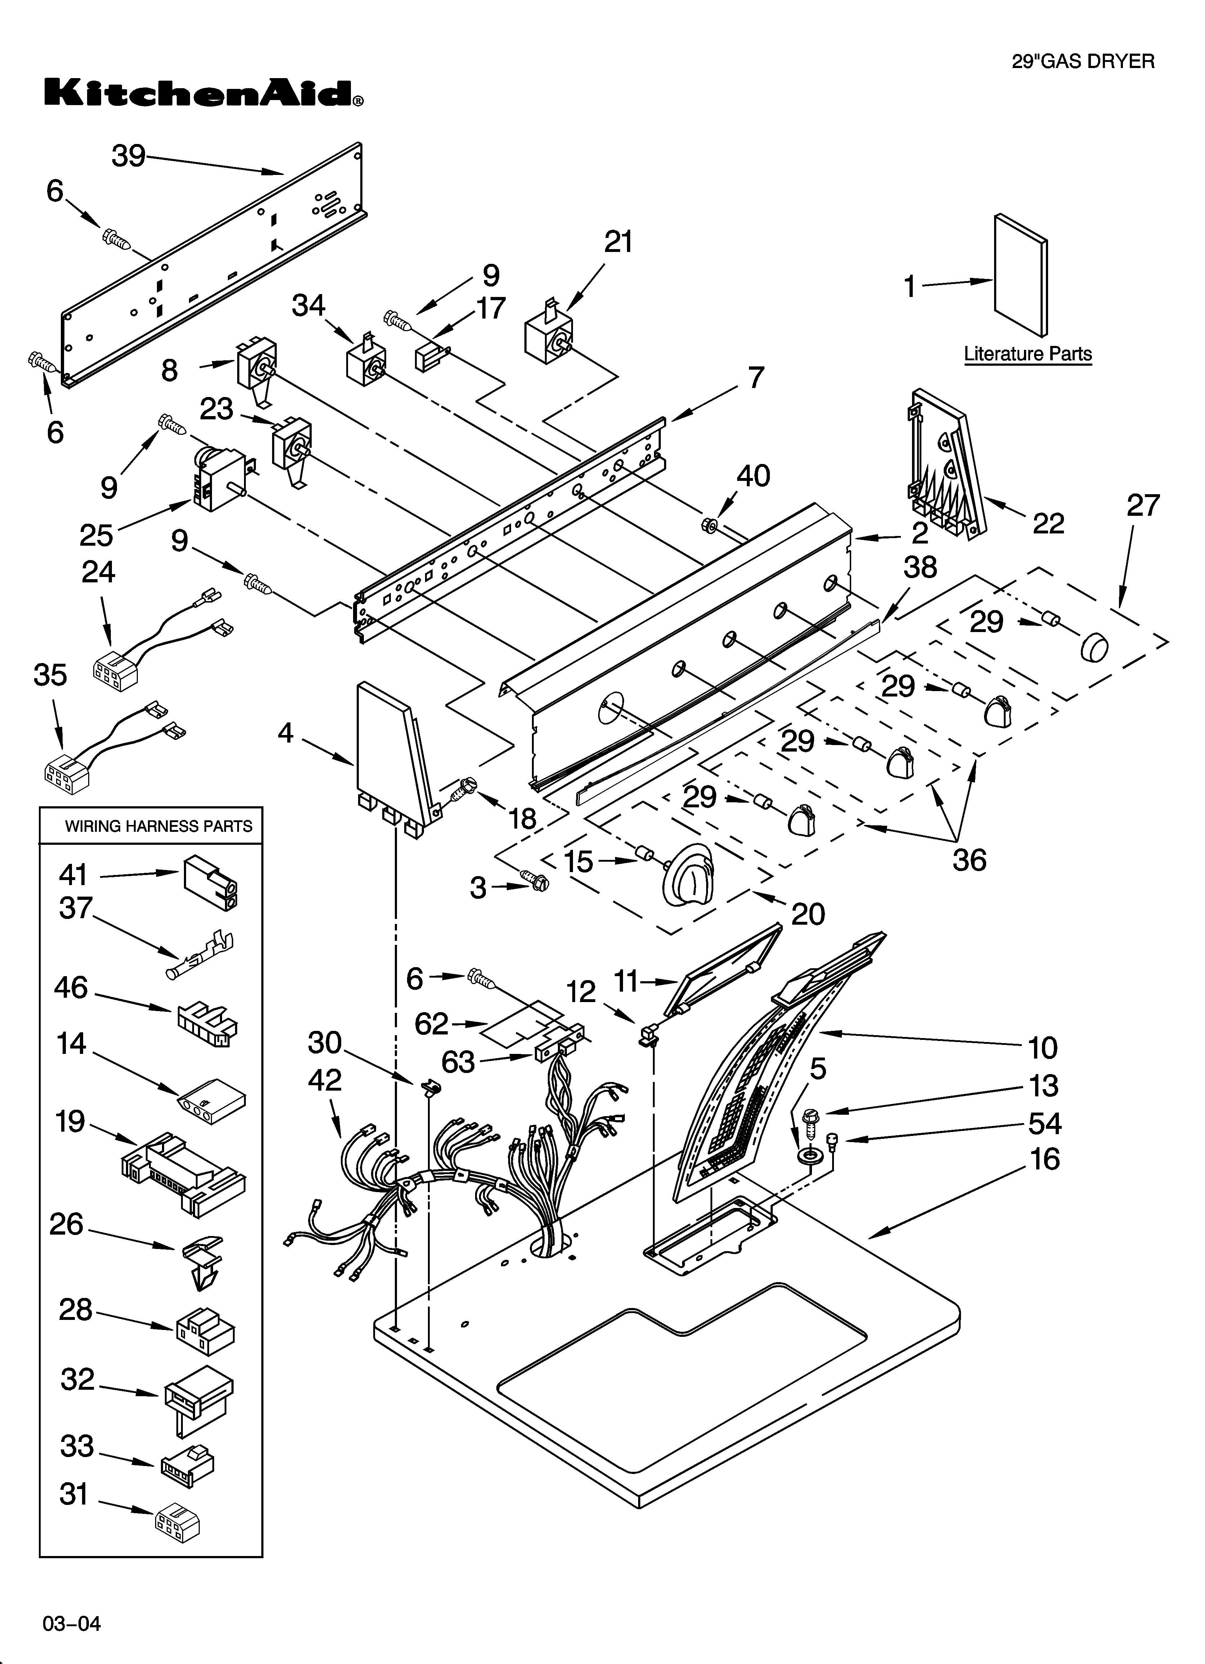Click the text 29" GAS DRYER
pyautogui.click(x=1083, y=62)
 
